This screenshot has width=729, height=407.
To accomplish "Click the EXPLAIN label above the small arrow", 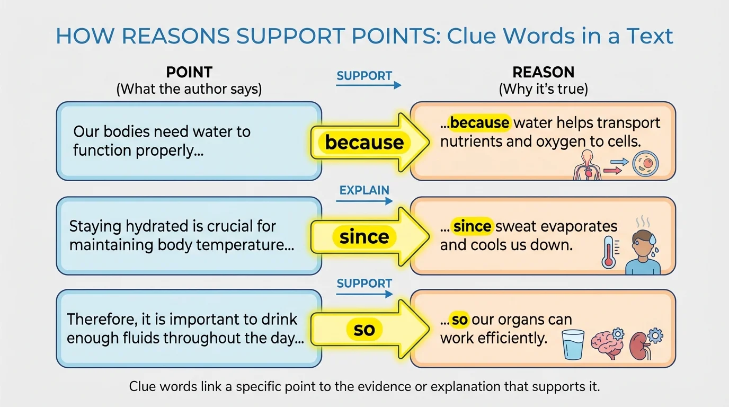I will pos(364,190).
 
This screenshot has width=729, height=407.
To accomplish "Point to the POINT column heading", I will pos(189,73).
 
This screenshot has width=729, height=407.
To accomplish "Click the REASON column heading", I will pos(543,73).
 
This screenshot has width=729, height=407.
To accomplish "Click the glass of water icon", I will pos(573,344).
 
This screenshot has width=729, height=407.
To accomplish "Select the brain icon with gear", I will pos(605,344).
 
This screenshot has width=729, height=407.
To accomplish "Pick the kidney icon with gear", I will pos(643,344).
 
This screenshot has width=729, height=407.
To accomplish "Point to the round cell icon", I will pos(645,164).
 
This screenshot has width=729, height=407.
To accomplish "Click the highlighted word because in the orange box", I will pos(479,123).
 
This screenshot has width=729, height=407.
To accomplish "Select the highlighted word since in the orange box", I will pos(473,226).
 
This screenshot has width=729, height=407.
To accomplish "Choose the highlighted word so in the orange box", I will pos(459,320).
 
